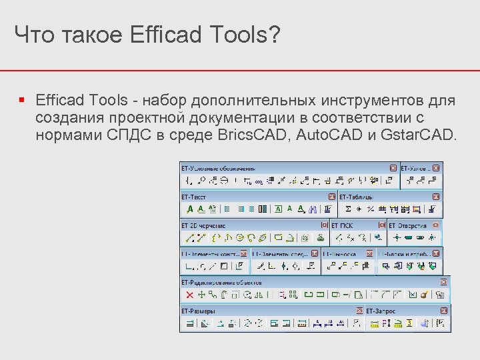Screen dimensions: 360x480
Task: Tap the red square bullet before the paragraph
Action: pos(22,101)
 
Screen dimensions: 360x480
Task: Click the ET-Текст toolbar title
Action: pos(194,197)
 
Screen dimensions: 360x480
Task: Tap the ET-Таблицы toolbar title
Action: pos(356,197)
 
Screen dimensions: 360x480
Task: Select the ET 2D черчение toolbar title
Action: pos(203,226)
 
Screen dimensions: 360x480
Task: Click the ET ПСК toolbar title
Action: pos(342,226)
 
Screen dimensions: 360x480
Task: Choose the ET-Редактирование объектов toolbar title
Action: pos(221,283)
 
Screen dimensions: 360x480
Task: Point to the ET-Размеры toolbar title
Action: pos(199,311)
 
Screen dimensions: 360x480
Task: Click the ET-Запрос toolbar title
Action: pos(381,311)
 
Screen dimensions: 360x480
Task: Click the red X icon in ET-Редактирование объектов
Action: pos(189,294)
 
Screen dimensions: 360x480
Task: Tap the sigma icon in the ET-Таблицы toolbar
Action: pos(348,209)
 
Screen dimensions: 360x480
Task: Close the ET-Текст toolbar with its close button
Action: pos(331,197)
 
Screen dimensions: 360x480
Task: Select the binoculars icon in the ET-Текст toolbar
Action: pos(313,209)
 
